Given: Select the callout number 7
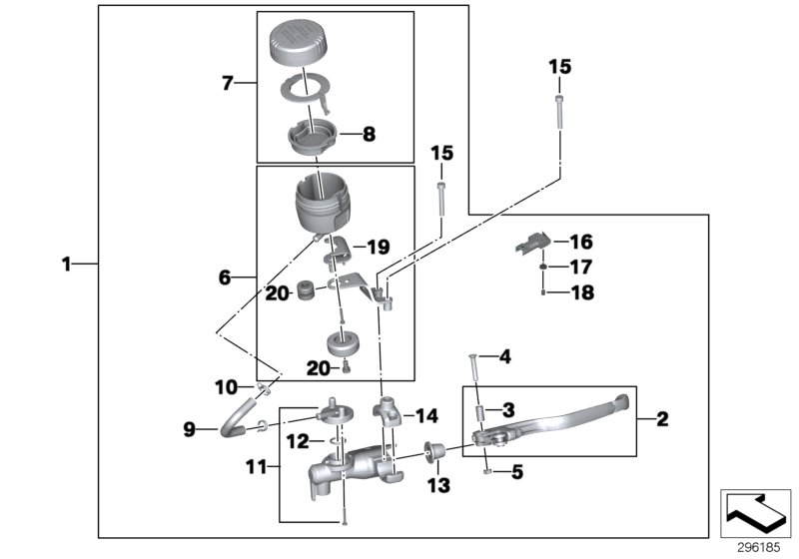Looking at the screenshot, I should (227, 84).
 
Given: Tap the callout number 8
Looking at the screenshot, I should (369, 132).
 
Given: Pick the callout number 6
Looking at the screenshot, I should (225, 277).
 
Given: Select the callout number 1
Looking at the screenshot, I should (66, 264).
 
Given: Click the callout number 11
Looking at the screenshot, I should (256, 464).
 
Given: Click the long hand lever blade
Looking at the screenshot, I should (559, 419).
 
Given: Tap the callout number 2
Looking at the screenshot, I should (661, 419).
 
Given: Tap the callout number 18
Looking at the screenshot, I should (581, 292).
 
